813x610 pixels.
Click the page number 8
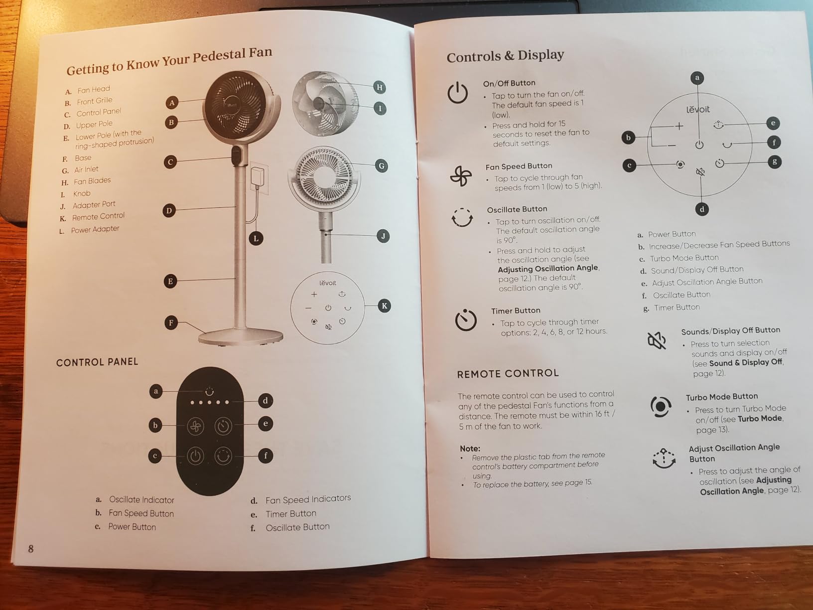coord(31,549)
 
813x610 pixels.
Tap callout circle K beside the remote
coord(384,306)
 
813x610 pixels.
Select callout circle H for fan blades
coord(379,87)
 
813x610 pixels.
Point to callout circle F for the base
coord(171,322)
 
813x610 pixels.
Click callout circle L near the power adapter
coord(256,239)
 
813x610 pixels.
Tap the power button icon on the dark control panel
coord(196,456)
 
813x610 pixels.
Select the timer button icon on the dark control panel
coord(223,426)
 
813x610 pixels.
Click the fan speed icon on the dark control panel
coord(196,427)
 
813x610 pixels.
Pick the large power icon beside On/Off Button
coord(457,93)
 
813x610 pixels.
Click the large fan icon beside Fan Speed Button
coord(461,175)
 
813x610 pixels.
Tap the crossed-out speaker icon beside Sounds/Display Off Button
coord(656,340)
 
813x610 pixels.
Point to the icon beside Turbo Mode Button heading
coord(661,407)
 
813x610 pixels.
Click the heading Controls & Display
coord(505,56)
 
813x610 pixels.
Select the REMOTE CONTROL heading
coord(508,373)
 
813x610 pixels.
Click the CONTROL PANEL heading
coord(97,362)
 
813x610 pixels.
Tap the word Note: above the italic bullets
coord(470,449)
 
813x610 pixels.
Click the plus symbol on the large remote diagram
coord(679,126)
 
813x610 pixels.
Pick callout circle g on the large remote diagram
coord(774,162)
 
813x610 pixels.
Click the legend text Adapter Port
coord(94,205)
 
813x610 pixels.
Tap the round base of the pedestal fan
coord(241,337)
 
